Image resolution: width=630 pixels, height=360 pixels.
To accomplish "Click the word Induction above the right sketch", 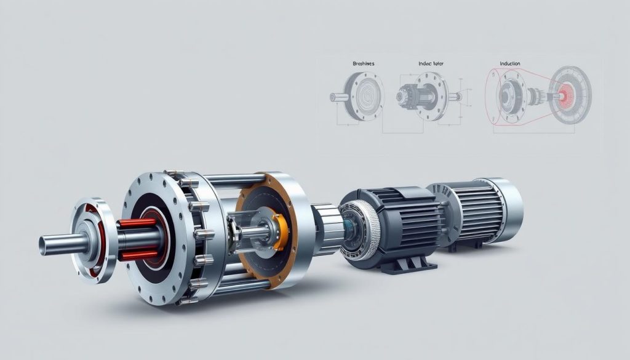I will point(509,63).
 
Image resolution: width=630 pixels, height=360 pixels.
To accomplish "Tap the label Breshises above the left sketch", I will point(364,63).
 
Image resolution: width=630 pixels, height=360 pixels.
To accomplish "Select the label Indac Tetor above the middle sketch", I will point(427,63).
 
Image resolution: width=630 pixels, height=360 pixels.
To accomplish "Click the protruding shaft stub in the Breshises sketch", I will point(337,97).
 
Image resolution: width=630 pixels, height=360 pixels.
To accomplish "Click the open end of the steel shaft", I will point(44,245).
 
